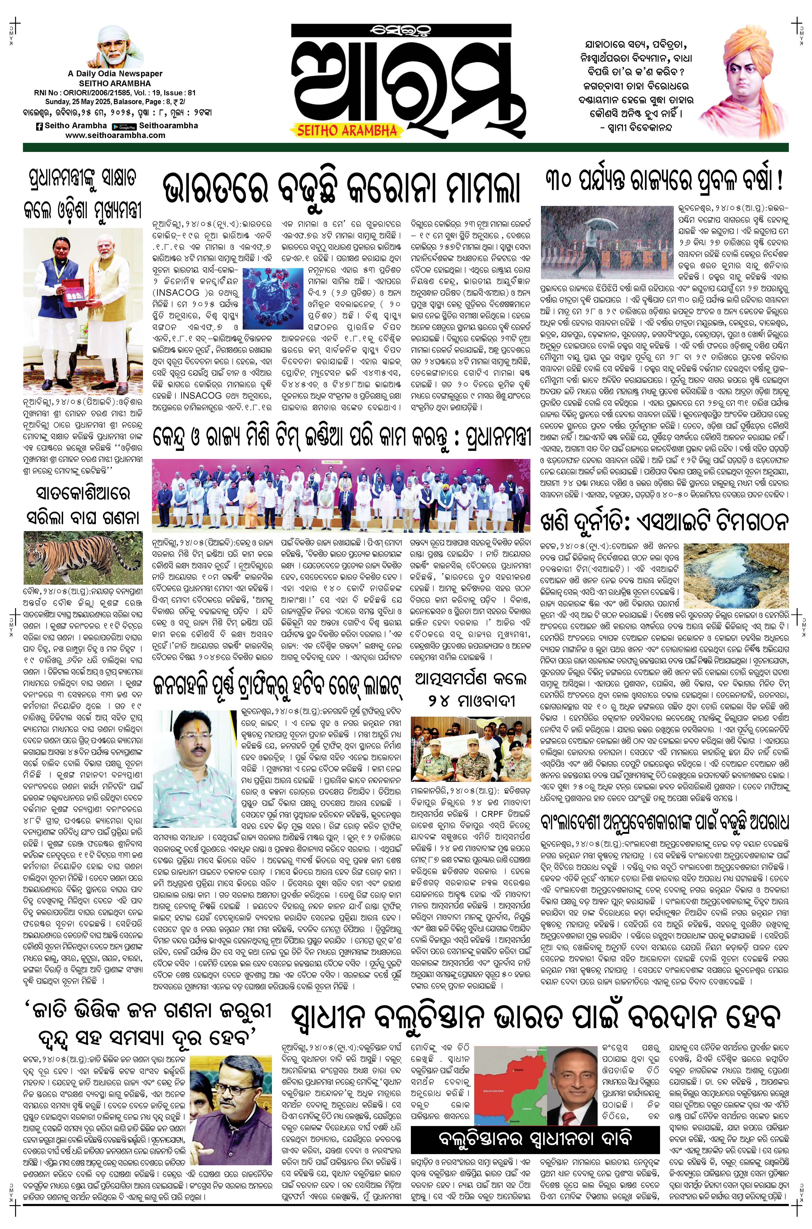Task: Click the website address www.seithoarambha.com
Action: (116, 135)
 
